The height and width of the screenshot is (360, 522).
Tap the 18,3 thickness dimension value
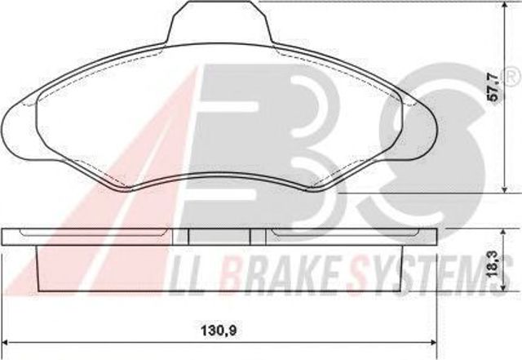(x=493, y=264)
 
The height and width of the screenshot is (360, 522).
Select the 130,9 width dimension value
(x=219, y=331)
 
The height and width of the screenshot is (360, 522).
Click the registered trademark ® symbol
(x=513, y=77)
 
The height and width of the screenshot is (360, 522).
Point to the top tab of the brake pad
(x=219, y=22)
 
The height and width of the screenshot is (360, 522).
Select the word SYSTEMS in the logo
(x=430, y=274)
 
